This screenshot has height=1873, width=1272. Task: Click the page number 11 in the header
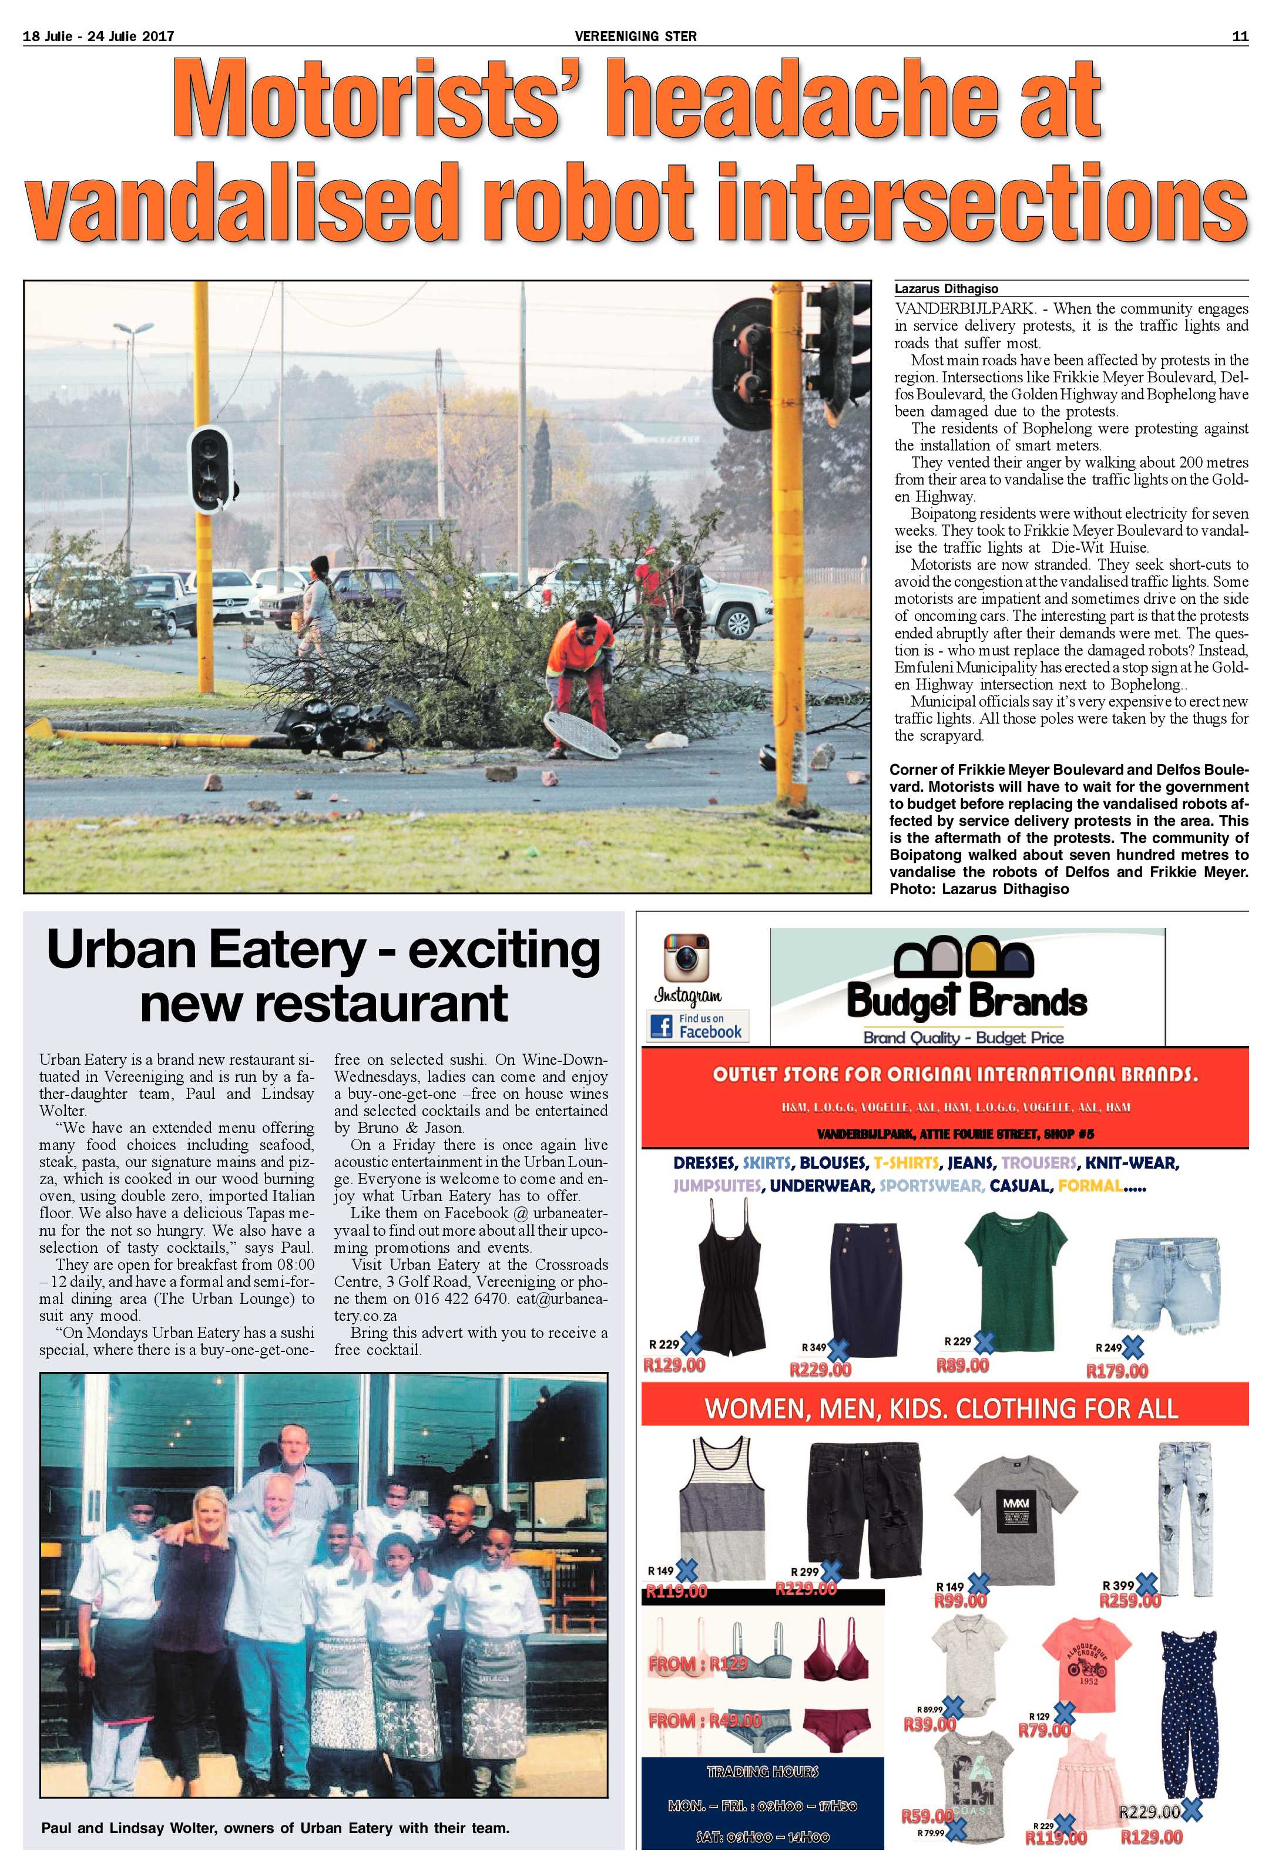point(1240,35)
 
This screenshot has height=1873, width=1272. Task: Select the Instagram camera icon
point(686,957)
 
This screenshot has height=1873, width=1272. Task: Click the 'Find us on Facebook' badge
point(698,1026)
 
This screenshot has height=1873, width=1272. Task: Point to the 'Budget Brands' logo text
point(966,1003)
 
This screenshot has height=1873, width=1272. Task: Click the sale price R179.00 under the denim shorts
point(1117,1370)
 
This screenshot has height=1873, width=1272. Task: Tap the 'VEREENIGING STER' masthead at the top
point(635,35)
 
